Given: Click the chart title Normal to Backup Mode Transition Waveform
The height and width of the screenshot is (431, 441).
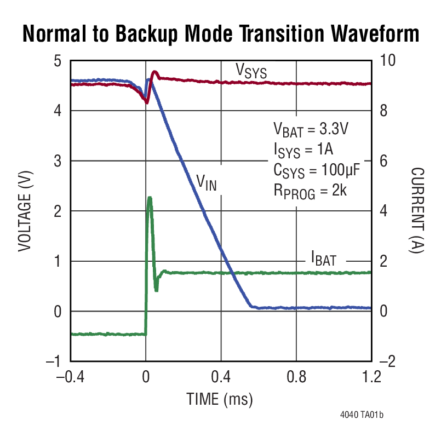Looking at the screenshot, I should click(x=220, y=34).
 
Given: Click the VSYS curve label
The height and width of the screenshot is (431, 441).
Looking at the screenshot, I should click(x=251, y=71).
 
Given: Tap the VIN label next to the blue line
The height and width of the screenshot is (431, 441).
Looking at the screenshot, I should click(x=207, y=182).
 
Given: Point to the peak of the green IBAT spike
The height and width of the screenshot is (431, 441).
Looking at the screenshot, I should click(x=150, y=198).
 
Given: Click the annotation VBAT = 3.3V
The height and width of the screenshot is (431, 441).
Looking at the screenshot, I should click(x=311, y=131).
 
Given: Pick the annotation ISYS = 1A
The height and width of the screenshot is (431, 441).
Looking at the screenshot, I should click(x=303, y=150).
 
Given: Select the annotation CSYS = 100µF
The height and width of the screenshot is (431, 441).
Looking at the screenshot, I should click(x=316, y=170).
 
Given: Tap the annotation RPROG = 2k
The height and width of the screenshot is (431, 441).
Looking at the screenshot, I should click(x=311, y=190).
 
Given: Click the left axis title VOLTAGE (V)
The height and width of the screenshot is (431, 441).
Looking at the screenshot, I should click(x=24, y=211).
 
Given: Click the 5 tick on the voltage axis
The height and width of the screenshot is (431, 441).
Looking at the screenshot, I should click(x=58, y=61).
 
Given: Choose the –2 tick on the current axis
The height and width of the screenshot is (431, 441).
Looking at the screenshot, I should click(x=386, y=362).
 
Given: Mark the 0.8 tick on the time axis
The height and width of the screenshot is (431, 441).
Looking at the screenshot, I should click(x=296, y=377).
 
